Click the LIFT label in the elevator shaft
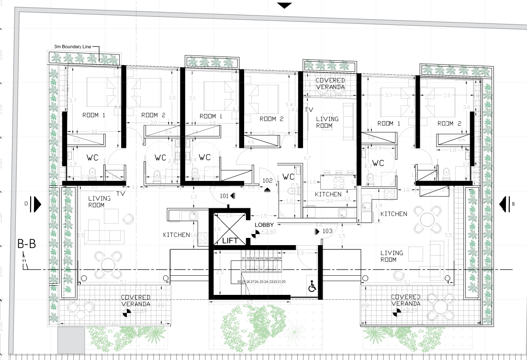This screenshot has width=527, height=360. (x=230, y=241)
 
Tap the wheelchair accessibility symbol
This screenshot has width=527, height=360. (x=312, y=287)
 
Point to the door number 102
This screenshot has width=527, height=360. (x=267, y=181)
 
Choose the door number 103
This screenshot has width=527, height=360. (x=327, y=231)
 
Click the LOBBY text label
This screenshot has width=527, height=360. (x=264, y=225)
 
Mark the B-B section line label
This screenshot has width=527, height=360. (x=26, y=246)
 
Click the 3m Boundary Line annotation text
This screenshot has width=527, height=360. (x=72, y=46)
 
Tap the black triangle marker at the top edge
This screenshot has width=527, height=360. (x=285, y=5)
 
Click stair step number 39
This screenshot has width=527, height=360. (x=279, y=259)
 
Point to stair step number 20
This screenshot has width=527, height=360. (x=283, y=282)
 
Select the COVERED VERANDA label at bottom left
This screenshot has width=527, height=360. (x=136, y=301)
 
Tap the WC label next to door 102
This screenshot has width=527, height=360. (x=289, y=176)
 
